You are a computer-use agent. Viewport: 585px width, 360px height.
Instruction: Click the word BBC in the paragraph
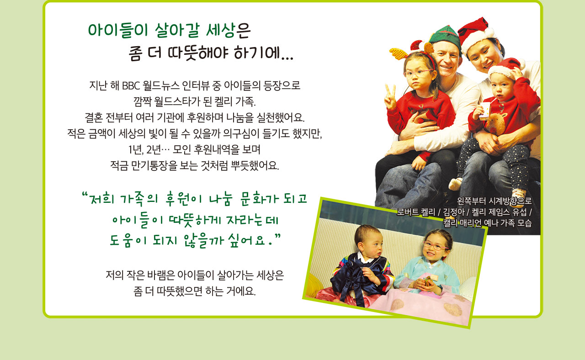coord(131,85)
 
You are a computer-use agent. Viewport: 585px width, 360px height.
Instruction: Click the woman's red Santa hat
coord(475,34)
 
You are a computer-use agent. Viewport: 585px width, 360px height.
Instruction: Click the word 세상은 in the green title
coord(228,30)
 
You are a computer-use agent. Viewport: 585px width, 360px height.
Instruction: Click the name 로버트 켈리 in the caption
coord(416,212)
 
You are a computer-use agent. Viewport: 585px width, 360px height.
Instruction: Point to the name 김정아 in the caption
coord(454,212)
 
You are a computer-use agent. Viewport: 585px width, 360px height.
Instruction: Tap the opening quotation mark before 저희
coord(84,195)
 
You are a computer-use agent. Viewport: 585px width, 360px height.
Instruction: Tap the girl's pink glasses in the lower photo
coord(436,246)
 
